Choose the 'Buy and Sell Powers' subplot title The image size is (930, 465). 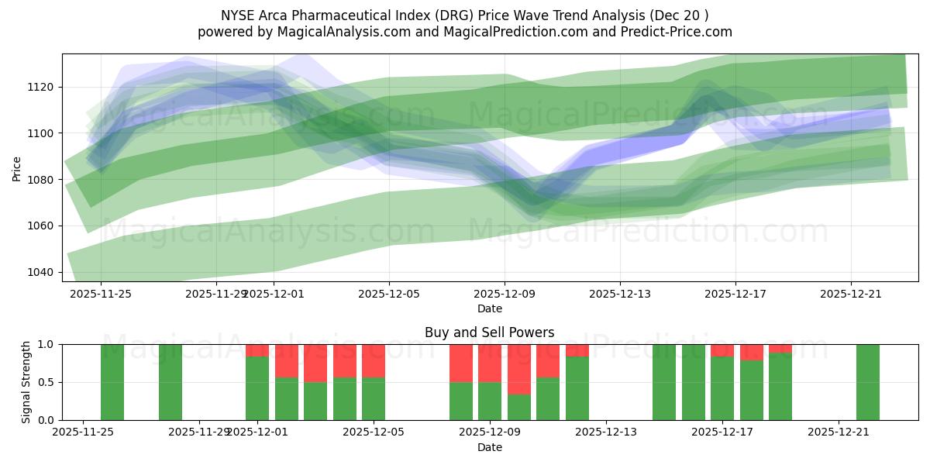[489, 332]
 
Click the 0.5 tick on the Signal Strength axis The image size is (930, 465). [46, 382]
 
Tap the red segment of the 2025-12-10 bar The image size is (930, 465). [519, 369]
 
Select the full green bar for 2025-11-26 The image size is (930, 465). [112, 382]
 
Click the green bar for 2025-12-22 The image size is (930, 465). [868, 382]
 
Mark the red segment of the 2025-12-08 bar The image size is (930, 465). [461, 363]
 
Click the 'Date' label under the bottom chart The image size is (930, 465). [489, 447]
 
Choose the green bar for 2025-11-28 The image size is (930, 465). [170, 382]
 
